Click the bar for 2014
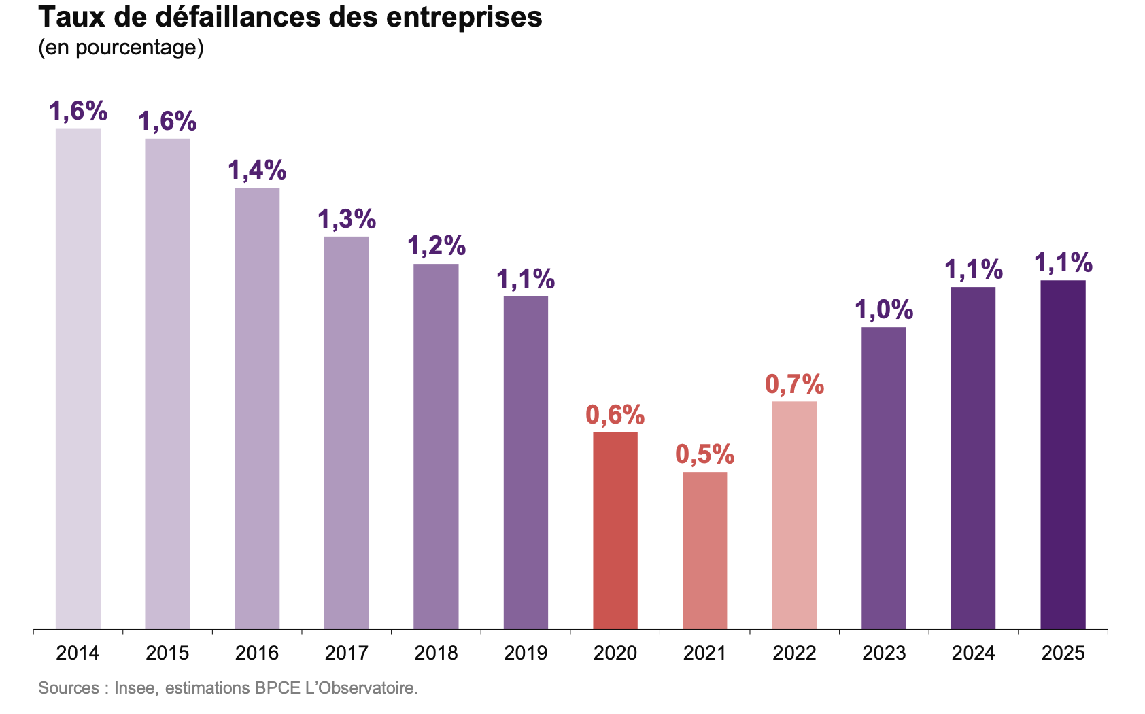coord(78,378)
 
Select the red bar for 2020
coord(615,530)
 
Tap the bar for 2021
coord(704,550)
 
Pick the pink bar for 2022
coord(794,515)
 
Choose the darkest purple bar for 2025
coord(1063,454)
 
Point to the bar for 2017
coord(347,432)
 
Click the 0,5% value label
coord(704,454)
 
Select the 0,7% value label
coord(794,384)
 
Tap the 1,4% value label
coord(257,170)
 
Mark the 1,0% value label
coord(883,310)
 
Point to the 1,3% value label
coord(347,219)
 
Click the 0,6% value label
coord(615,415)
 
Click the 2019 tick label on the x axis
coord(526,653)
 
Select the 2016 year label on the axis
coord(257,653)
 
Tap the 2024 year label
coord(973,653)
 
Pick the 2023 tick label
coord(884,653)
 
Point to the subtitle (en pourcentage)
coord(121,48)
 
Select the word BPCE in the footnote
coord(275,688)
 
